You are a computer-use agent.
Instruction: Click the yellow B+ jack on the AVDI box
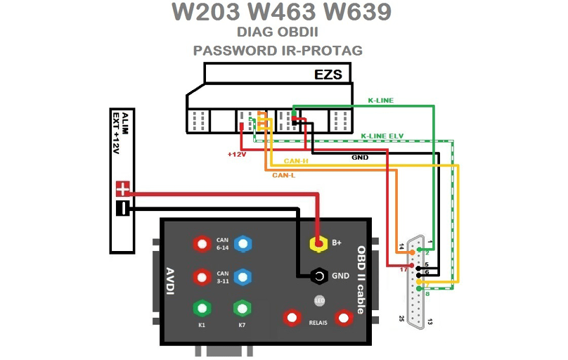pyautogui.click(x=319, y=243)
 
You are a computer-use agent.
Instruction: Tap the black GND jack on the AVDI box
pyautogui.click(x=319, y=276)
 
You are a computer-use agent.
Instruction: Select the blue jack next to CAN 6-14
pyautogui.click(x=243, y=244)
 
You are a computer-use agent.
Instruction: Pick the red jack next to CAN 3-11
pyautogui.click(x=202, y=276)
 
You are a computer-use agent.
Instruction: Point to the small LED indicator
pyautogui.click(x=318, y=302)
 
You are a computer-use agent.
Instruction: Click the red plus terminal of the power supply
pyautogui.click(x=123, y=188)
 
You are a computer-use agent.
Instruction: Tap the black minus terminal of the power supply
pyautogui.click(x=123, y=208)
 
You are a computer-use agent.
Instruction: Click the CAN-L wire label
pyautogui.click(x=283, y=175)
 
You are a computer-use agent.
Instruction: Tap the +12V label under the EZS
pyautogui.click(x=235, y=153)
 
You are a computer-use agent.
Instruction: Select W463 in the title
pyautogui.click(x=281, y=12)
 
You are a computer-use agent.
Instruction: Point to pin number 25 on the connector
pyautogui.click(x=401, y=319)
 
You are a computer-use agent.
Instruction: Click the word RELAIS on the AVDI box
pyautogui.click(x=318, y=323)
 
